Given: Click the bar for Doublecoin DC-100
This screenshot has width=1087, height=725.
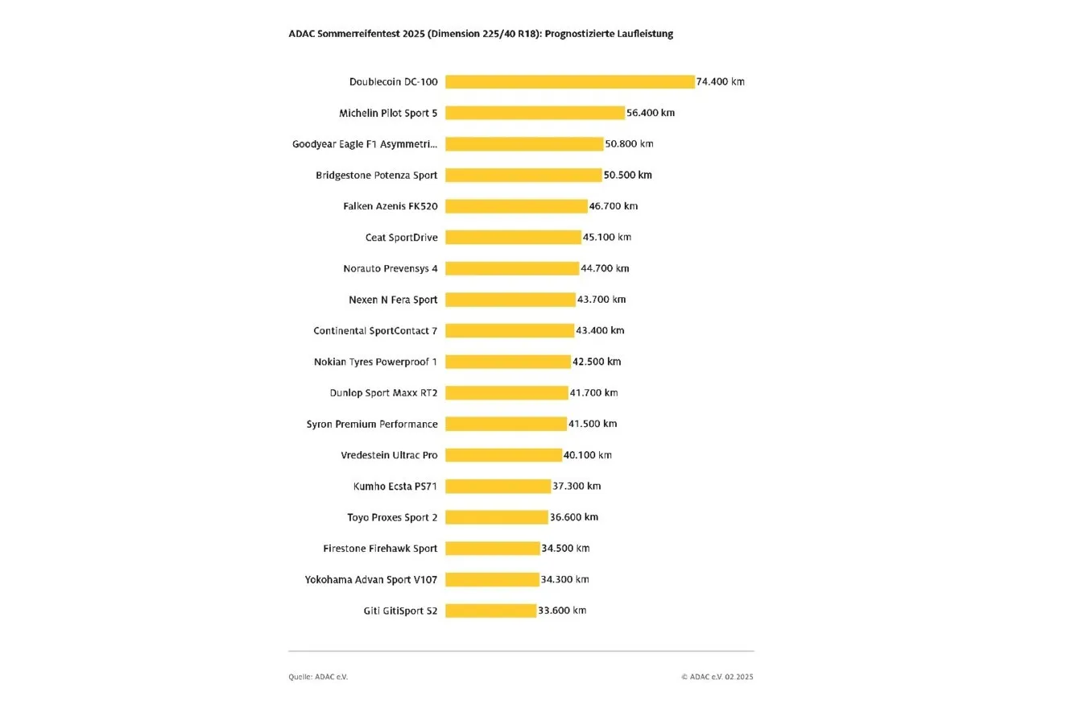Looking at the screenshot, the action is pos(570,81).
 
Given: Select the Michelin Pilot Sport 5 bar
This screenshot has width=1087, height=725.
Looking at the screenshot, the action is pos(535,113).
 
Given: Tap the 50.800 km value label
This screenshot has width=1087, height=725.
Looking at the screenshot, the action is pos(629,143).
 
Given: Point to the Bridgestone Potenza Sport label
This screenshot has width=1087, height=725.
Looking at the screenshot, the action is pos(377,176).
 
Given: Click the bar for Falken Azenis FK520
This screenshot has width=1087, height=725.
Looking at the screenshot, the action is pos(516,206).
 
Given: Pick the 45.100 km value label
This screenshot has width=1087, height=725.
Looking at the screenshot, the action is pos(606,237).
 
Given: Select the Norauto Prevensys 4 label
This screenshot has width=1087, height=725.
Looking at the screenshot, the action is pos(391,268).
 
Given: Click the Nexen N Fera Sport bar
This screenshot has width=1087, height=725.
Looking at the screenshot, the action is pos(510,299).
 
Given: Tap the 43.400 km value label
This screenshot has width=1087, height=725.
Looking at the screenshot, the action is pos(600,330).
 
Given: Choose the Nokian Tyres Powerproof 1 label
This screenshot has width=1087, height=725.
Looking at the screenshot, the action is pos(375,362).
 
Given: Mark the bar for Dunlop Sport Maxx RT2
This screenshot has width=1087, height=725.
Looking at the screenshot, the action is pos(506,392).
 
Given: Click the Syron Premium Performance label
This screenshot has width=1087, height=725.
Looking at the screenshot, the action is pos(372,424).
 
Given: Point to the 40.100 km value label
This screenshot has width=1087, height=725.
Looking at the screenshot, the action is pos(587,455).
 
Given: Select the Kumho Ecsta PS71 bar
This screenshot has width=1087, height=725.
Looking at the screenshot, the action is pos(498,486).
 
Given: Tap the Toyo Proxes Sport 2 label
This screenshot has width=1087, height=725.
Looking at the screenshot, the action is pos(392,517).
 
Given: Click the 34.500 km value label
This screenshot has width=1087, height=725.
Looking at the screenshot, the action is pos(565,549).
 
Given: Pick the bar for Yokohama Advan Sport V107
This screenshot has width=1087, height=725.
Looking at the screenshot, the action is pos(492,579).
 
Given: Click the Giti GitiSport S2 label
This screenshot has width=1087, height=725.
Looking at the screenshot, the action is pos(400,611).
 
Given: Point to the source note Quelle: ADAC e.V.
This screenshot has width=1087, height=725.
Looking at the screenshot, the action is pos(318,677).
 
